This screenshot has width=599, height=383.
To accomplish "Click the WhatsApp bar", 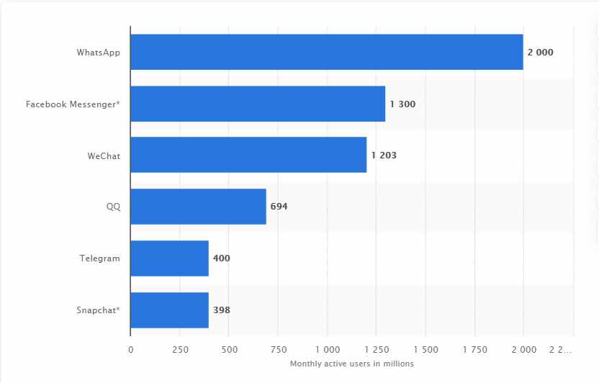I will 327,52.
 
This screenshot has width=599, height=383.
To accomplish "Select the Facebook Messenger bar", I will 258,104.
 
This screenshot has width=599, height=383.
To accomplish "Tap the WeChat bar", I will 248,155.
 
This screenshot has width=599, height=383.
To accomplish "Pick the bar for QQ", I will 198,207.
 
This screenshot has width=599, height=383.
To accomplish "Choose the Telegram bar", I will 169,258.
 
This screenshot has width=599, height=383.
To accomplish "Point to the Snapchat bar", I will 169,310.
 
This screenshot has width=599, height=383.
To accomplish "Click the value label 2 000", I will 541,53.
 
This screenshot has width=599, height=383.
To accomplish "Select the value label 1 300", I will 402,104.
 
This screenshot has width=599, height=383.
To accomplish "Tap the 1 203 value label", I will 384,156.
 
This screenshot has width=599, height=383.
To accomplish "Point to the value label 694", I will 279,207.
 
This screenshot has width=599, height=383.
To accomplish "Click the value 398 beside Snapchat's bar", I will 222,310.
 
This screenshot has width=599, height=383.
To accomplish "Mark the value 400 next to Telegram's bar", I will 222,258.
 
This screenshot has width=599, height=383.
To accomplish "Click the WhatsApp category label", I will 99,53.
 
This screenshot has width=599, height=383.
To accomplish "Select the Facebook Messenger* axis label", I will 73,104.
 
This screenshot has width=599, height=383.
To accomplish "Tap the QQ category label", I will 113,207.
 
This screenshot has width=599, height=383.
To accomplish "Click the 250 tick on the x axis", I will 180,350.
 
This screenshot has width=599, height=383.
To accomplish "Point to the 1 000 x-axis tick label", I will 327,350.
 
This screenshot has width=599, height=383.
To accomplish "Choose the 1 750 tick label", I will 474,350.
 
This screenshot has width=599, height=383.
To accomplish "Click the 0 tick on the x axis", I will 130,350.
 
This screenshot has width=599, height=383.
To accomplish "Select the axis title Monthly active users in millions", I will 352,364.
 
